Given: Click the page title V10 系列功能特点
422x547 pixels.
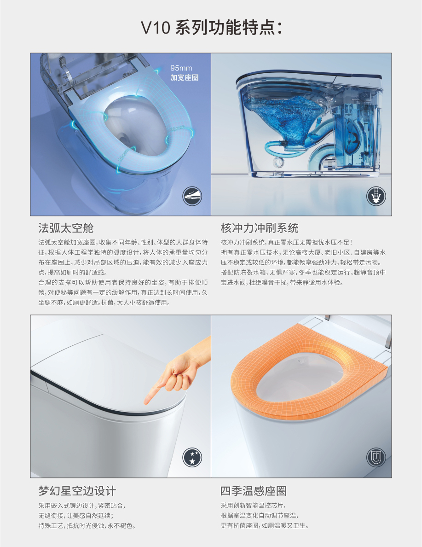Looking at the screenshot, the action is pyautogui.click(x=211, y=28).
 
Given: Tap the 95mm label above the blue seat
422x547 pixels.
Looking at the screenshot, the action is pyautogui.click(x=181, y=68).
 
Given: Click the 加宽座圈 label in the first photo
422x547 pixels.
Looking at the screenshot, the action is pyautogui.click(x=185, y=77).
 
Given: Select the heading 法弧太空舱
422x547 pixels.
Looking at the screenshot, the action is pyautogui.click(x=66, y=228).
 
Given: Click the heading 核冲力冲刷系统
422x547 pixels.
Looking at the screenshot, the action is pyautogui.click(x=260, y=228).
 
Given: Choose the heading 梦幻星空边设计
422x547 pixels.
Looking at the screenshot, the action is pyautogui.click(x=77, y=491).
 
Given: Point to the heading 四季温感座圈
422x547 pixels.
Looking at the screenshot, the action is pyautogui.click(x=254, y=491).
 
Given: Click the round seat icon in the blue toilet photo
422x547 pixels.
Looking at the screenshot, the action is pyautogui.click(x=192, y=196).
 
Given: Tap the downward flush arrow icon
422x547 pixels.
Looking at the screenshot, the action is pyautogui.click(x=376, y=196).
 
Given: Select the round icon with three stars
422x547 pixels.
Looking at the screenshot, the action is pyautogui.click(x=192, y=457).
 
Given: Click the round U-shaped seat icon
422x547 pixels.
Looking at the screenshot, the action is pyautogui.click(x=376, y=457).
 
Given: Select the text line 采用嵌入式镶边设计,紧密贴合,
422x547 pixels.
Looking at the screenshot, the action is pyautogui.click(x=81, y=506).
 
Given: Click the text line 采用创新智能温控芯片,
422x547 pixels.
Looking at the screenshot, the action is pyautogui.click(x=253, y=506).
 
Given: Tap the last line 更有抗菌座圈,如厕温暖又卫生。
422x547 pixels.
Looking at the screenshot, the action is pyautogui.click(x=265, y=526).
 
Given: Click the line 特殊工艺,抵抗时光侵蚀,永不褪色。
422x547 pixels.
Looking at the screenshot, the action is pyautogui.click(x=87, y=526).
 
